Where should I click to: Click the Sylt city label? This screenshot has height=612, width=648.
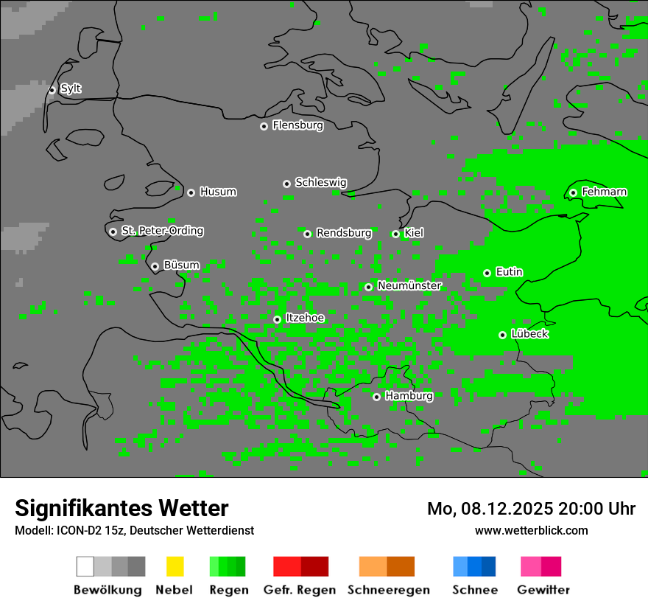click(x=71, y=88)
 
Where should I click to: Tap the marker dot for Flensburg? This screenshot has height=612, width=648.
click(x=264, y=126)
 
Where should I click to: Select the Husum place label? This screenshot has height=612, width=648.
click(x=218, y=192)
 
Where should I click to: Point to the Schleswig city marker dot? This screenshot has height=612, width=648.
click(x=286, y=184)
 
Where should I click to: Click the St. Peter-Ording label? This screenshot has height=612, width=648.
click(x=162, y=231)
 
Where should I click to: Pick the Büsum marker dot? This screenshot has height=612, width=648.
click(x=155, y=267)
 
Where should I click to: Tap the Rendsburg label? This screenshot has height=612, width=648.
click(x=344, y=233)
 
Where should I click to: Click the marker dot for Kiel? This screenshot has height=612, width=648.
click(x=395, y=234)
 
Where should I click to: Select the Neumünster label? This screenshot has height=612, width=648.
click(x=409, y=285)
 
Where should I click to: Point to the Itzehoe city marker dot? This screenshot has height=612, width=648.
click(x=277, y=319)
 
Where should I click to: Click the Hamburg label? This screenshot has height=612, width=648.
click(x=409, y=396)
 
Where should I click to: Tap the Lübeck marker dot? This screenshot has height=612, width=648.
click(x=502, y=335)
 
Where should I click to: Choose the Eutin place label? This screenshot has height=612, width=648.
click(x=509, y=272)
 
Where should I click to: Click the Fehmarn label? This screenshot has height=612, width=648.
click(x=604, y=192)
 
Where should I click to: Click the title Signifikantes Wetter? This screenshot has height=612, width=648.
click(x=121, y=508)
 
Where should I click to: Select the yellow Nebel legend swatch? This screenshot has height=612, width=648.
click(x=175, y=566)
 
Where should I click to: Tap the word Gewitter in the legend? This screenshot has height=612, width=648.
click(x=543, y=590)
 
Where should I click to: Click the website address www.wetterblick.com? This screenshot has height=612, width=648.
click(x=531, y=530)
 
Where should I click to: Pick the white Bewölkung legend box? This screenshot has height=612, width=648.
click(x=85, y=566)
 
